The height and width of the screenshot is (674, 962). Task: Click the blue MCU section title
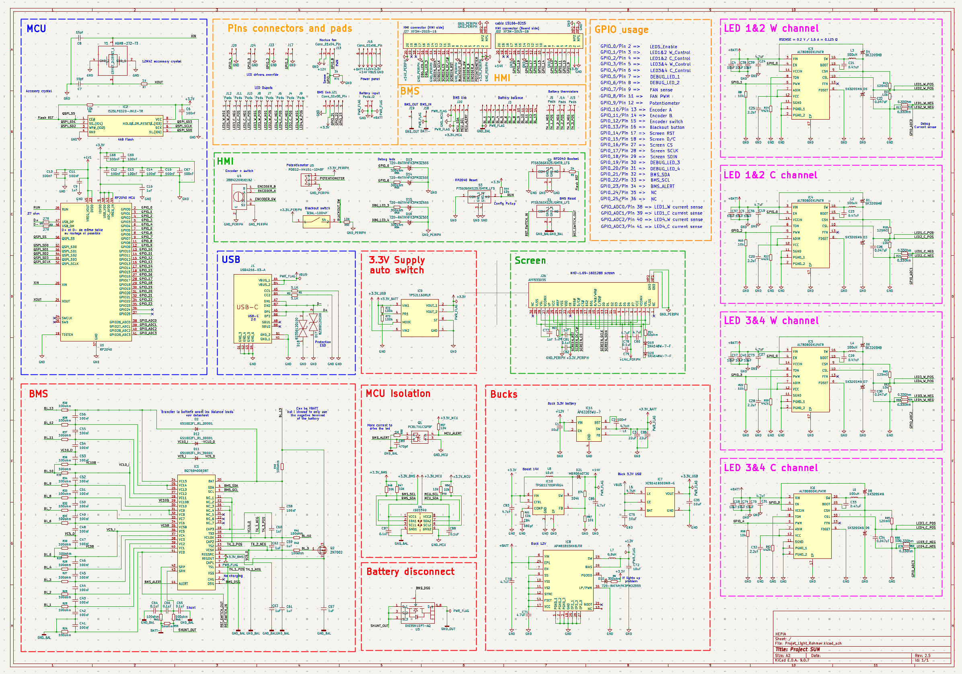pos(37,29)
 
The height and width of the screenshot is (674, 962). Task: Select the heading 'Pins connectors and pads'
pos(290,29)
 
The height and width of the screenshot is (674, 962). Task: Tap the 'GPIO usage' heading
pos(621,30)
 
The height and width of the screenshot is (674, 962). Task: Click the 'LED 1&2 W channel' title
pos(771,29)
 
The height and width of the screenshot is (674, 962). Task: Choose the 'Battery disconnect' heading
pos(410,572)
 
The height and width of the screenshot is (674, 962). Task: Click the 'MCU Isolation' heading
pos(398,393)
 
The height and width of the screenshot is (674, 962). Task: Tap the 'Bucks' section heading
pos(504,394)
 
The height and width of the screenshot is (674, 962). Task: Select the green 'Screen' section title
pos(530,261)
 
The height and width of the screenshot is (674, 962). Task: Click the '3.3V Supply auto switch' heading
pos(397,265)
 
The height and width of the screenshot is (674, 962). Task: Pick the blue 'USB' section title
pos(231,260)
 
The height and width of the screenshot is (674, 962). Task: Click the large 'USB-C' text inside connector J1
pos(247,307)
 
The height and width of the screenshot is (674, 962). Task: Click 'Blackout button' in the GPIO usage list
pos(667,128)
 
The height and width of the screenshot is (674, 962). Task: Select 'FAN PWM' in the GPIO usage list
pos(660,97)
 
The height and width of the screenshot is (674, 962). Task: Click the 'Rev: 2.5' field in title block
pos(923,655)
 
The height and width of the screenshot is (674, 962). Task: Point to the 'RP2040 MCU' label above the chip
pos(125,198)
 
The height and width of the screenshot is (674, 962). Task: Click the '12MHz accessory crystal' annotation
pos(162,62)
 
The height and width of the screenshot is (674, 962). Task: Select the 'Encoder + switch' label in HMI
pos(239,171)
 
